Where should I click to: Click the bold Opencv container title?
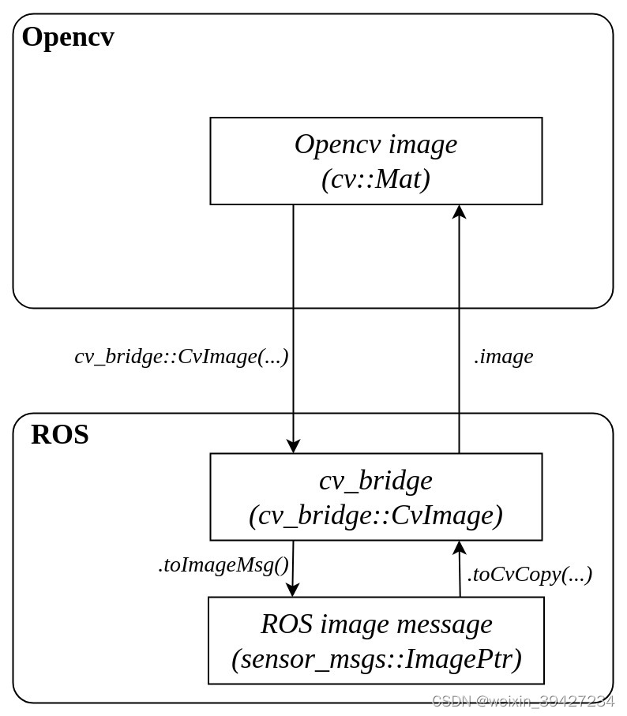coord(68,37)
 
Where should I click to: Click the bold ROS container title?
coord(60,435)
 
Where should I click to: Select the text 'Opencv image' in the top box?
coord(375,144)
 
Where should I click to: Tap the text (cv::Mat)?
coord(376,179)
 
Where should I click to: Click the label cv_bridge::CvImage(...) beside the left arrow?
coord(182,356)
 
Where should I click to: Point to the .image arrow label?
coord(503,356)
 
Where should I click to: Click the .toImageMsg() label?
coord(223,564)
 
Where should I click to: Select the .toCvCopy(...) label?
coord(529,574)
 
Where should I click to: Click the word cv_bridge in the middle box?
coord(375,480)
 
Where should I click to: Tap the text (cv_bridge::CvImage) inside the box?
coord(376,515)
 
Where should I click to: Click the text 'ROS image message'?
coord(376,624)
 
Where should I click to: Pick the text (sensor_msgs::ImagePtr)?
coord(376,658)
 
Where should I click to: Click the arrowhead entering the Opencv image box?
coord(459,212)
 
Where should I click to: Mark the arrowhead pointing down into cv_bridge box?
coord(293,446)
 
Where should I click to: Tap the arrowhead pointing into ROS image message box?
coord(292,590)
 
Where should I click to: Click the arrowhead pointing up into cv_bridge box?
coord(459,548)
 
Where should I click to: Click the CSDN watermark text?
coord(523,701)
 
